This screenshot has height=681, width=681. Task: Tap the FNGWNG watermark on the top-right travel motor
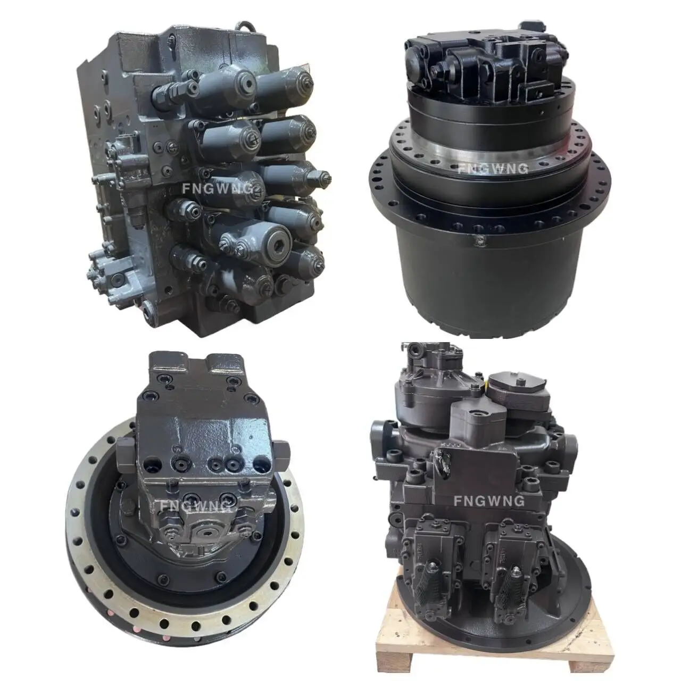(x=493, y=169)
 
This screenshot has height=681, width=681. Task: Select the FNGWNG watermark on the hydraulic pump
(x=489, y=500)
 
